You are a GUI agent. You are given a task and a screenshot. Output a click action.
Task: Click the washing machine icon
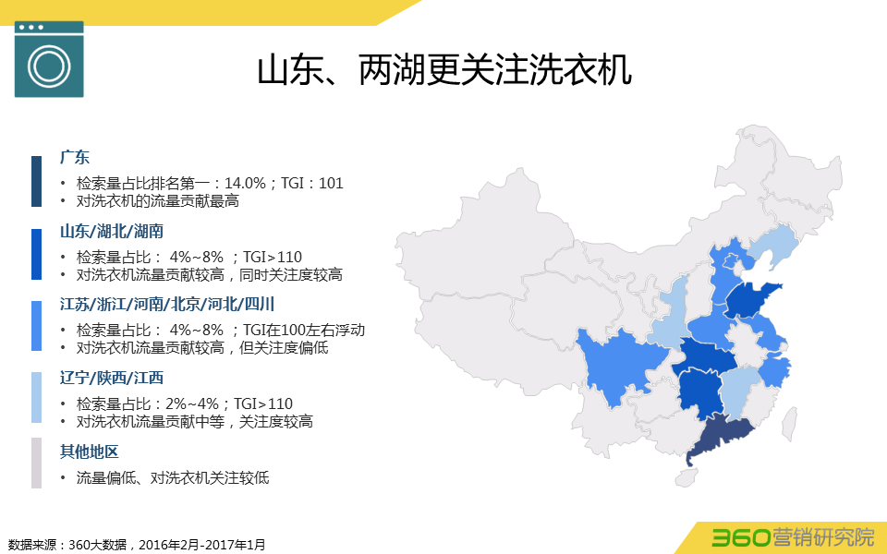(x=49, y=59)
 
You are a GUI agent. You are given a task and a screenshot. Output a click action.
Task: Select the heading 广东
(x=75, y=157)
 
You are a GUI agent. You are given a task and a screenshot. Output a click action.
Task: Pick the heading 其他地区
(x=90, y=452)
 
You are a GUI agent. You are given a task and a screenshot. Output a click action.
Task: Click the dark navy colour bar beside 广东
(x=36, y=181)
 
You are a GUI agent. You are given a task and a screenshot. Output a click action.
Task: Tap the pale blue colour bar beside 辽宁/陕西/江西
(x=36, y=398)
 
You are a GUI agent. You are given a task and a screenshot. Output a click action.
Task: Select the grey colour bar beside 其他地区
(x=36, y=463)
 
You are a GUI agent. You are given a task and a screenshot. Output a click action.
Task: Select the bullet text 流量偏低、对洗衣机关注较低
(x=173, y=477)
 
